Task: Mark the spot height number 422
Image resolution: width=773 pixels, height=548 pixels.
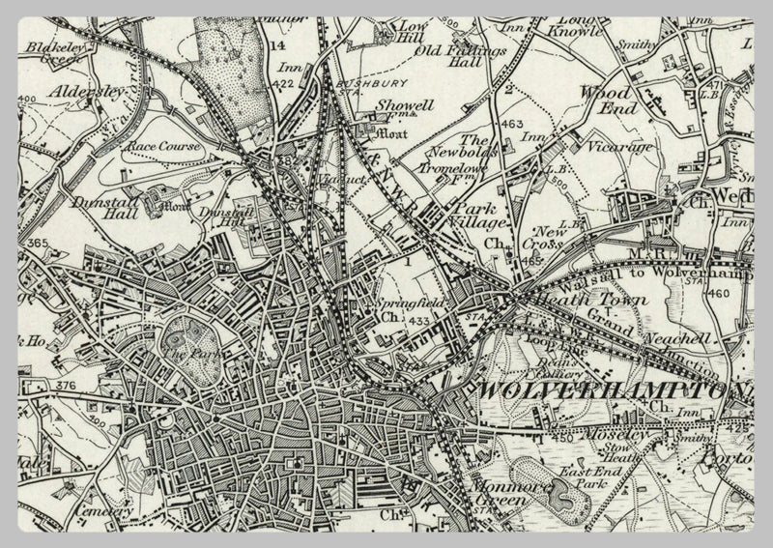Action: pyautogui.click(x=285, y=85)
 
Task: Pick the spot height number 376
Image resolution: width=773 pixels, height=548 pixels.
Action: pyautogui.click(x=65, y=387)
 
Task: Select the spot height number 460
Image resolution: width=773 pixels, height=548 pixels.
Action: pyautogui.click(x=716, y=293)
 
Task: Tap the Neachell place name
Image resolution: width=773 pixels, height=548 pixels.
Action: pyautogui.click(x=688, y=339)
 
